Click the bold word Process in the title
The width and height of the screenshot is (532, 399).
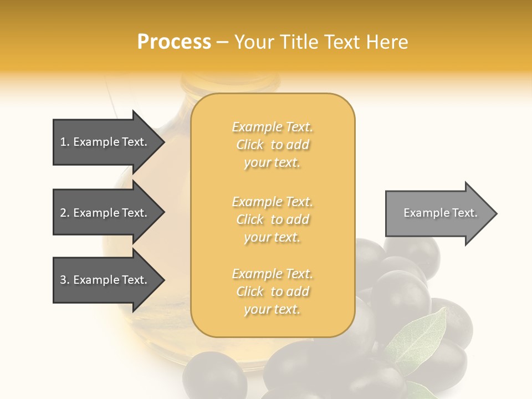point(174,42)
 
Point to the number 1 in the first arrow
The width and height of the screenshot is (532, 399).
point(63,142)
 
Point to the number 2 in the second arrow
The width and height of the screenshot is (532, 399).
point(63,213)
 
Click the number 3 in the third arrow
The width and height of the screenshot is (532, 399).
point(63,280)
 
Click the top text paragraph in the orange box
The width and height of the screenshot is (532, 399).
point(272,145)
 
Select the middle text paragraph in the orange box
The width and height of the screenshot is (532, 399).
point(272,219)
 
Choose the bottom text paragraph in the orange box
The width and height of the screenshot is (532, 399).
point(272,291)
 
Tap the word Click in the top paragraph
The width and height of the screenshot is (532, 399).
point(250,145)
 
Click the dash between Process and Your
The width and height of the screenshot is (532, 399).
point(222,43)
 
